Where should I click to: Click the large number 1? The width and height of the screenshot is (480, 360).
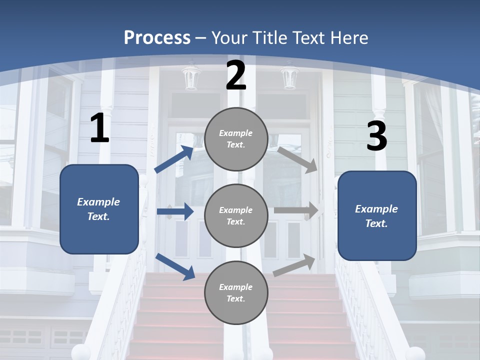[99, 128]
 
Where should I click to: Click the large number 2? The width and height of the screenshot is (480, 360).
[236, 76]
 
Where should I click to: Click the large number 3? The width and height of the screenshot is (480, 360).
[376, 137]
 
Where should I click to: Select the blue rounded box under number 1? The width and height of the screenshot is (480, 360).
[99, 209]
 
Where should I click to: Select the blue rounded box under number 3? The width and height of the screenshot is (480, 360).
[377, 216]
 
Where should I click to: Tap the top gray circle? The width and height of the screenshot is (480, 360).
[236, 139]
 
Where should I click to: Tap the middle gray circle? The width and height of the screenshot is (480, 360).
[236, 216]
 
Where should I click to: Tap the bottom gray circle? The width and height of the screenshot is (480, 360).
[236, 293]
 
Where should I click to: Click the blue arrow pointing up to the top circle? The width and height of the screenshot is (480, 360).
[174, 159]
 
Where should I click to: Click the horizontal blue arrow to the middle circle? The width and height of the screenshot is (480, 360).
[175, 211]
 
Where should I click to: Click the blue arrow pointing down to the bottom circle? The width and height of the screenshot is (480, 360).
[175, 266]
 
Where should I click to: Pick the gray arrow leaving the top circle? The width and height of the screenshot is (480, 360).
[297, 159]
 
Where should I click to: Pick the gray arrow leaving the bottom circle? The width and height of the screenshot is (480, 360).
[294, 265]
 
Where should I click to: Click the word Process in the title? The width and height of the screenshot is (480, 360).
[157, 37]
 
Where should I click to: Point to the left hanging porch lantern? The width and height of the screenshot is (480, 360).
[191, 77]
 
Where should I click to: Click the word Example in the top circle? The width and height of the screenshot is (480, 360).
[235, 133]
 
